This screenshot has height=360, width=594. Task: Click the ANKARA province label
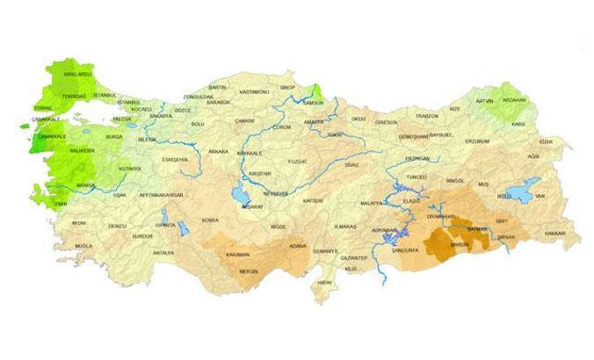click(218, 151)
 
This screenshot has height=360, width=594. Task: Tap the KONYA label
click(210, 220)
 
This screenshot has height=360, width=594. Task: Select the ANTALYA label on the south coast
click(163, 253)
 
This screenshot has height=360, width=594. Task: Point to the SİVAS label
click(351, 165)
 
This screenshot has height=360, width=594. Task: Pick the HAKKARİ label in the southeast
click(555, 234)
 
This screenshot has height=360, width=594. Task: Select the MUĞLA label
click(83, 247)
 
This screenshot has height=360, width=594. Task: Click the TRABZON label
click(427, 116)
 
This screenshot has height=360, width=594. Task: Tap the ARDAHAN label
click(537, 100)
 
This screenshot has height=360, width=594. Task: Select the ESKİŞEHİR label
click(176, 160)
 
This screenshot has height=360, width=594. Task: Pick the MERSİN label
click(250, 271)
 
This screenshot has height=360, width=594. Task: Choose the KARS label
click(542, 125)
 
